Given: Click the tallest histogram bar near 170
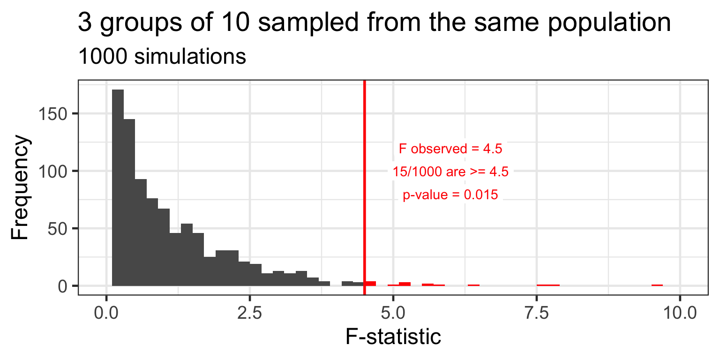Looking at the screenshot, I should (x=118, y=187).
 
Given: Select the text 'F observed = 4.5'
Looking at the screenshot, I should (x=450, y=149).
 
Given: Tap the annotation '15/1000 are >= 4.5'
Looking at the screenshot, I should (x=450, y=172).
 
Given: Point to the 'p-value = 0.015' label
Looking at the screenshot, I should (x=450, y=195).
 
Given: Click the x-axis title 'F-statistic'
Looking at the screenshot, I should (x=393, y=337).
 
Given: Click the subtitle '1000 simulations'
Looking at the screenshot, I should (x=162, y=57).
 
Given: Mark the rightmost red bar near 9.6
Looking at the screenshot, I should (x=657, y=285).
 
